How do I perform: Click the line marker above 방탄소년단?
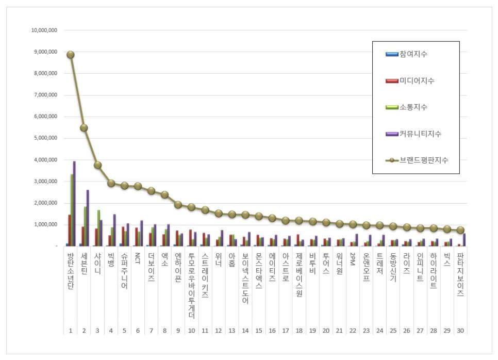(x=71, y=55)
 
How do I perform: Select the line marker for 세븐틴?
(x=84, y=128)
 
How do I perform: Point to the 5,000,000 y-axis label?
(x=44, y=138)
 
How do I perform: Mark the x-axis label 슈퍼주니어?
(x=124, y=271)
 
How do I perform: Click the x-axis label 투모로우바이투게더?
(x=191, y=286)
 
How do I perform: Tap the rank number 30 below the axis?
(x=460, y=331)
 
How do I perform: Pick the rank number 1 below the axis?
(x=71, y=331)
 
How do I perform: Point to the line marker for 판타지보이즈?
(x=460, y=230)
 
